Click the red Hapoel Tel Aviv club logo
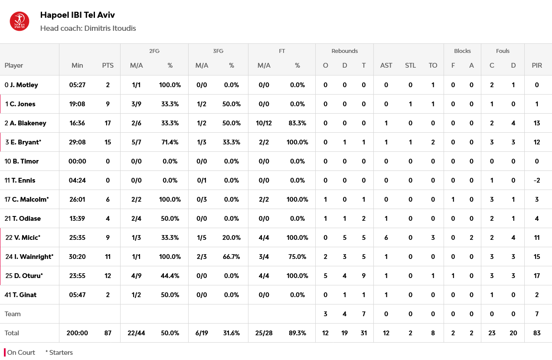click(20, 22)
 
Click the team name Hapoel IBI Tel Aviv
click(77, 15)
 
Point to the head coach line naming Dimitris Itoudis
click(88, 28)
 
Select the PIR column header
click(537, 65)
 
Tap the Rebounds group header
click(344, 51)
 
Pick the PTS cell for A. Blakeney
click(108, 123)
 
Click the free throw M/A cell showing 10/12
click(264, 123)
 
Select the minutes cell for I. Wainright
click(77, 257)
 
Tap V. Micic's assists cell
click(386, 238)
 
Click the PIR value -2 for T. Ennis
click(537, 180)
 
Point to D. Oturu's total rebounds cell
click(363, 276)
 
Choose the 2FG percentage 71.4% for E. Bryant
click(170, 142)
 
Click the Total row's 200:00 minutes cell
click(77, 333)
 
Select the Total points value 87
click(108, 333)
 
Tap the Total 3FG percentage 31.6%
click(232, 333)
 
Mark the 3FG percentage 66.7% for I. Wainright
click(232, 257)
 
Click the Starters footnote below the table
click(59, 353)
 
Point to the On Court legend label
click(21, 353)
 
